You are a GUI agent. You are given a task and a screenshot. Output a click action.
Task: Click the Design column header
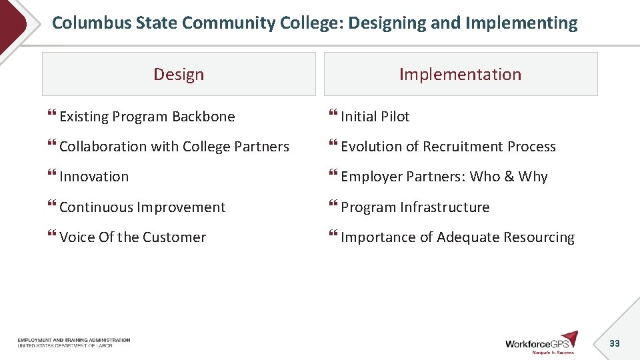click(179, 74)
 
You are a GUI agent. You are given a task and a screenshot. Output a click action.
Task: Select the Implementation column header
click(460, 74)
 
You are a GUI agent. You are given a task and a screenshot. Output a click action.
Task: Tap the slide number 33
click(615, 343)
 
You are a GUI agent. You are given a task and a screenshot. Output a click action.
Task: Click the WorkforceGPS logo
click(541, 342)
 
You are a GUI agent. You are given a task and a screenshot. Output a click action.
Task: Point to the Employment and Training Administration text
click(74, 340)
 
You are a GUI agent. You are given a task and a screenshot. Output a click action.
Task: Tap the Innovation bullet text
click(94, 177)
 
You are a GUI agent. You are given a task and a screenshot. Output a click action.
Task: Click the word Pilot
click(395, 117)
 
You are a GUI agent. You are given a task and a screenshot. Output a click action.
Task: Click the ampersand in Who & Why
click(509, 177)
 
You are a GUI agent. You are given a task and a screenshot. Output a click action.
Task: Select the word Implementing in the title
click(521, 23)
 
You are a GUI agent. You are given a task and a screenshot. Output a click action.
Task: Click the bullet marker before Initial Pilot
click(333, 116)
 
